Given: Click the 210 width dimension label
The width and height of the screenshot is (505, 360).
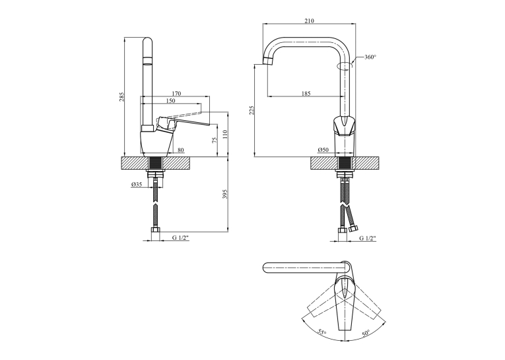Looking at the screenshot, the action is pos(309,21).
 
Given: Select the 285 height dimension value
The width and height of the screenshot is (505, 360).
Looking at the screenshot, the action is pos(121,96).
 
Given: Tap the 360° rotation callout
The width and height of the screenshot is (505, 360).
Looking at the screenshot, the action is pos(370,57).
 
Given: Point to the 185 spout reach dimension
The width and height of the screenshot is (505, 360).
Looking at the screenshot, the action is pos(306,93).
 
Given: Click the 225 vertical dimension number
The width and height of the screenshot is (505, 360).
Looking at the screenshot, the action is pos(252,110).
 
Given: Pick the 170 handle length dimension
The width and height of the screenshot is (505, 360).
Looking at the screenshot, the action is pos(176,93).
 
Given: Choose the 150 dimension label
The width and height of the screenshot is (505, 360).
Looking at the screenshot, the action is pos(171,100).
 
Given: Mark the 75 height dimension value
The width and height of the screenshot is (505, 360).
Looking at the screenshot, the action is pos(215,139).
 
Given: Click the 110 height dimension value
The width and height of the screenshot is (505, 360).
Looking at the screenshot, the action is pos(225,134).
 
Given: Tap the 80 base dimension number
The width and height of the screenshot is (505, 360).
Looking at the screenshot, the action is pos(181,149).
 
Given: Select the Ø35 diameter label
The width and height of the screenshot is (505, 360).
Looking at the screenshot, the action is pos(137,184).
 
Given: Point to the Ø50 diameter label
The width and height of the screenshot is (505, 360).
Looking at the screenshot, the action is pos(323,149).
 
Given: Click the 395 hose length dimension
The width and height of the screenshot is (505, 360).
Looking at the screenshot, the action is pos(225,194).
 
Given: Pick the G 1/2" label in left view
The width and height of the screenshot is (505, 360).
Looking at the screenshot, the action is pos(180,238).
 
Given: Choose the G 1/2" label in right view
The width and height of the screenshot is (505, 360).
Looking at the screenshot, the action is pos(368,238).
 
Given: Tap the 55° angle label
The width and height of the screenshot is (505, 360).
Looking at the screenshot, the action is pos(321,332).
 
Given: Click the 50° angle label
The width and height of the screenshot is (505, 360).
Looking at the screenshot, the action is pos(366,332).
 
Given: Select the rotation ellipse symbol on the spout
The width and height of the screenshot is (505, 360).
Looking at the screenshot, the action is pos(345,66).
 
